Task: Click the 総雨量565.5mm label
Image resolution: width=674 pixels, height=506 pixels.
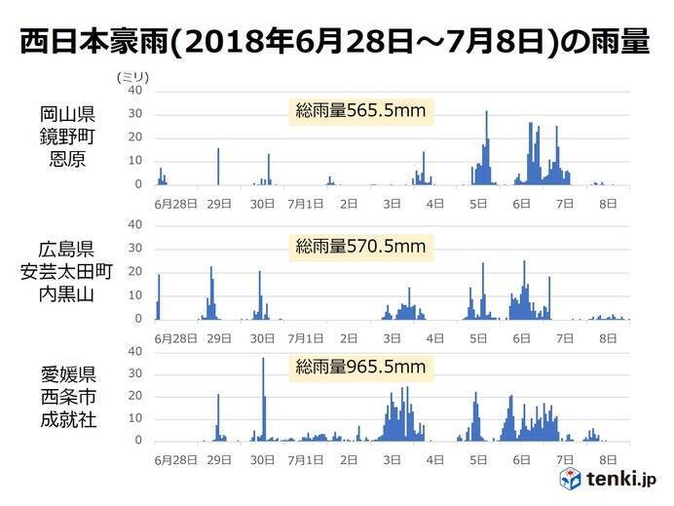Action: click(x=360, y=111)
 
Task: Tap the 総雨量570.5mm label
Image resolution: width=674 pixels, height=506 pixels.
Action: click(x=360, y=247)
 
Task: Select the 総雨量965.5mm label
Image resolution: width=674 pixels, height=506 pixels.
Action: click(x=360, y=368)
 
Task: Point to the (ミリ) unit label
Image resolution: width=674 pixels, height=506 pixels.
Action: click(x=130, y=76)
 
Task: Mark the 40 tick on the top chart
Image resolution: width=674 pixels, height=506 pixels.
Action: click(x=136, y=91)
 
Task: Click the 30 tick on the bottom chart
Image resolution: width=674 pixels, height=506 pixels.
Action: click(x=136, y=373)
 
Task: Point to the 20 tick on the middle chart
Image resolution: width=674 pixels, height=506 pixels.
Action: click(x=136, y=272)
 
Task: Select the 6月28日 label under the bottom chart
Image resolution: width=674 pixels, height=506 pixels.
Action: click(x=176, y=459)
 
